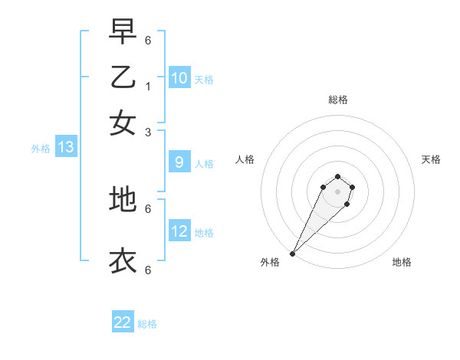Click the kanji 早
pos(123,32)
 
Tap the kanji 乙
pos(123,77)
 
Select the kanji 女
pos(123,123)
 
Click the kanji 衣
pos(123,261)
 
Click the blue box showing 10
pos(179,78)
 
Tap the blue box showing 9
pos(179,162)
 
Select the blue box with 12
pos(179,231)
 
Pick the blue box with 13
pos(65,148)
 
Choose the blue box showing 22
pos(123,322)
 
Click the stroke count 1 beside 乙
pos(148,87)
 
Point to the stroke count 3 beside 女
pos(148,132)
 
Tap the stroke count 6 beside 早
pos(148,41)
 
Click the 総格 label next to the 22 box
pos(147,324)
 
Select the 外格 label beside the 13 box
pos(41,149)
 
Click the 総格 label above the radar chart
pos(337,100)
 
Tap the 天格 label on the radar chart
pos(431,159)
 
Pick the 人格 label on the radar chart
pos(245,159)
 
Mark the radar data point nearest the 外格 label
pos(293,253)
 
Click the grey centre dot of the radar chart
pos(337,191)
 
